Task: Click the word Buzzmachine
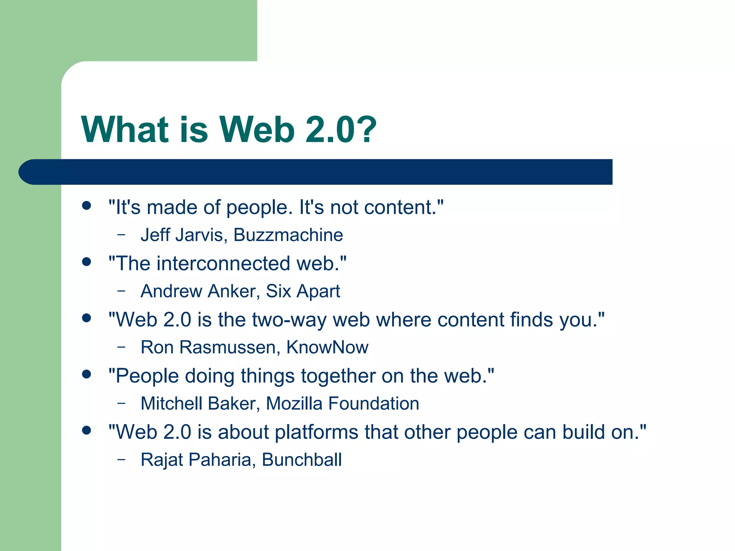288,235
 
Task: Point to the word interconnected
223,263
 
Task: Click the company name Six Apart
303,291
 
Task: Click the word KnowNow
327,347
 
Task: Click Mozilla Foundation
342,404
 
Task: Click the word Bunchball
302,460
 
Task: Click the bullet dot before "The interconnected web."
86,262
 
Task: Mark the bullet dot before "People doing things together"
86,374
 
